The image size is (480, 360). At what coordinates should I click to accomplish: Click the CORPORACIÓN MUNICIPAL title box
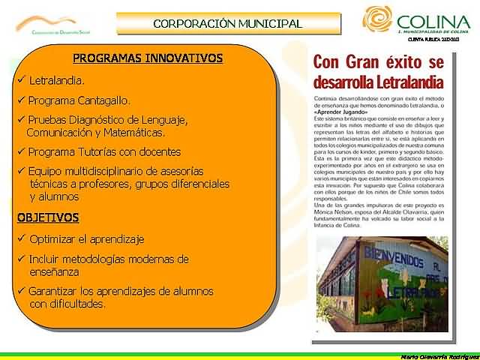tap(227, 23)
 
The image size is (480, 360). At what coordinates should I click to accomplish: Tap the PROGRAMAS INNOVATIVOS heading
tap(148, 58)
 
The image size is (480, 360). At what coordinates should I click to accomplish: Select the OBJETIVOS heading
tap(48, 217)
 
